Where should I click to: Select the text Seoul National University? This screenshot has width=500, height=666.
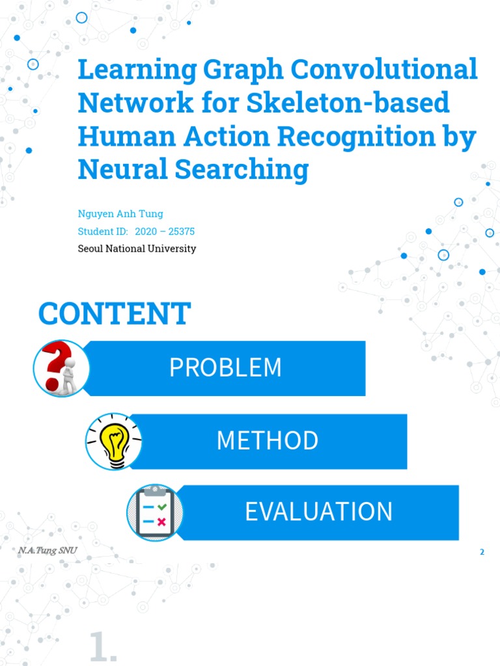(137, 248)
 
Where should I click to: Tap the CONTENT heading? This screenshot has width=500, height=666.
(114, 314)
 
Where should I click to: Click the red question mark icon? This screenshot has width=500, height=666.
(59, 368)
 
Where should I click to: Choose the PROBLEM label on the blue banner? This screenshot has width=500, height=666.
(225, 367)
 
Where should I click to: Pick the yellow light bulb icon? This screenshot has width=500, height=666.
(113, 441)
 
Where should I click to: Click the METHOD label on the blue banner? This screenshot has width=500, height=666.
(268, 441)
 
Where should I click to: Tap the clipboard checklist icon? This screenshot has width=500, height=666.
(155, 513)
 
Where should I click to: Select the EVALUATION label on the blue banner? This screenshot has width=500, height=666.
(318, 512)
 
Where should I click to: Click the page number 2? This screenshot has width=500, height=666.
(482, 552)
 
